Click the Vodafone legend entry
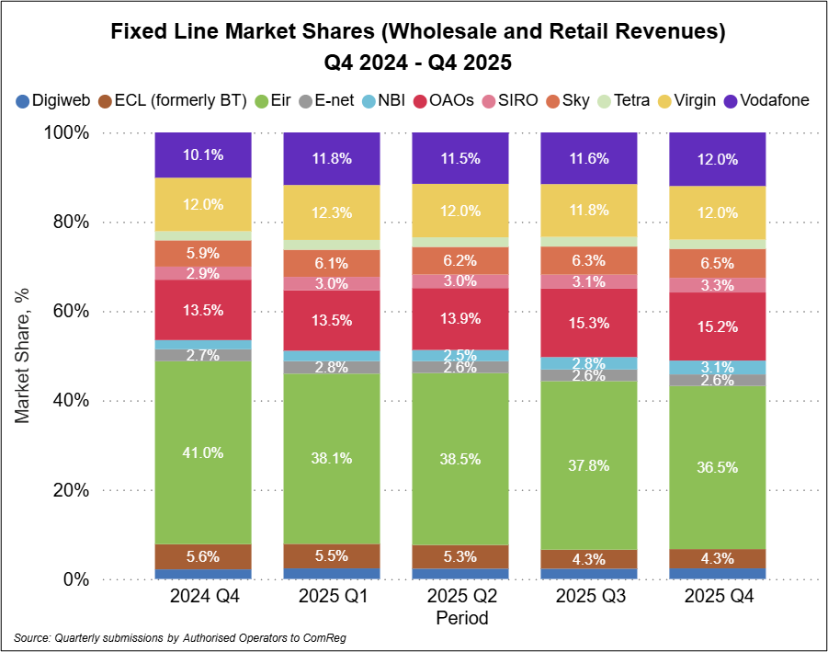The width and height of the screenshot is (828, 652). [x=767, y=100]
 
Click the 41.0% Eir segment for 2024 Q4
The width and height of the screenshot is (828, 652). [x=203, y=452]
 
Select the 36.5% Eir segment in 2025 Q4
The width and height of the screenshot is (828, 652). [x=717, y=467]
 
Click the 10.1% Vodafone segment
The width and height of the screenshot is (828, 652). [x=203, y=154]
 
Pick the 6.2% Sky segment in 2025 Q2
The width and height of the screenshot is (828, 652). [x=460, y=260]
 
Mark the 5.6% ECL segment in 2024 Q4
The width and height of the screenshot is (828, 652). [x=203, y=556]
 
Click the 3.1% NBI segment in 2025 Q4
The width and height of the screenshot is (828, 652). [x=717, y=367]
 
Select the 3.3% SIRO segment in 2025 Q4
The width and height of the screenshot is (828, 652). [x=717, y=285]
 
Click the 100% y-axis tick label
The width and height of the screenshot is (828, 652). [x=67, y=132]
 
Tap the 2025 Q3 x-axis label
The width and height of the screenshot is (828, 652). [x=588, y=597]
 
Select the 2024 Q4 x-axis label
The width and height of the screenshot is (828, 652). [x=203, y=597]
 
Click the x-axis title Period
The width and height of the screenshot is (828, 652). [x=461, y=618]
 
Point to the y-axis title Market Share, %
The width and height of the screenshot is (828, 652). [x=23, y=355]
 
